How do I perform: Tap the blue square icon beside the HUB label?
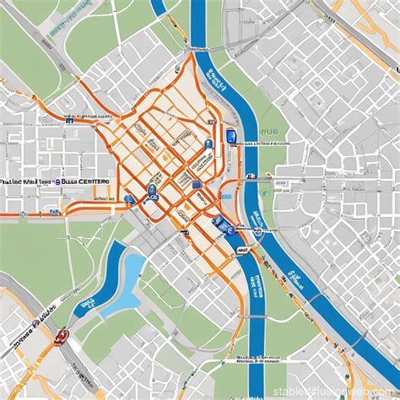(231, 135)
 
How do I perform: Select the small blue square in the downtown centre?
(195, 183)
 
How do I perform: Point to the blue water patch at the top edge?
(158, 7)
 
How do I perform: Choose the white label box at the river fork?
(242, 250)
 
